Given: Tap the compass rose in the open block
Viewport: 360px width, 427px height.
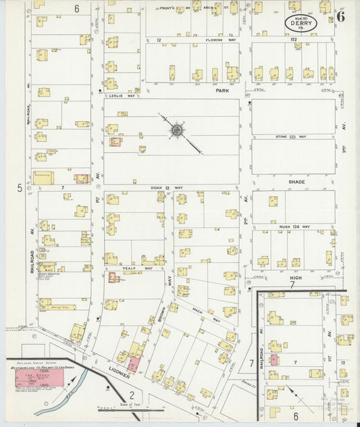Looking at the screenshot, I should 176,128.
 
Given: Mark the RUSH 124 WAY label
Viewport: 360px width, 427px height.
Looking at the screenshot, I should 296,227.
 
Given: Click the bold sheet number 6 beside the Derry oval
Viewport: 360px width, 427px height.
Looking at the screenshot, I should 340,17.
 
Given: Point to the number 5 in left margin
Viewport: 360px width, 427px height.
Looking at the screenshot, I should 20,189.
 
